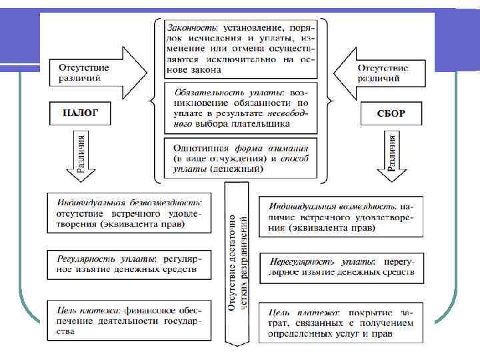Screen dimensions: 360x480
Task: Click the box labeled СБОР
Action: pyautogui.click(x=391, y=113)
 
